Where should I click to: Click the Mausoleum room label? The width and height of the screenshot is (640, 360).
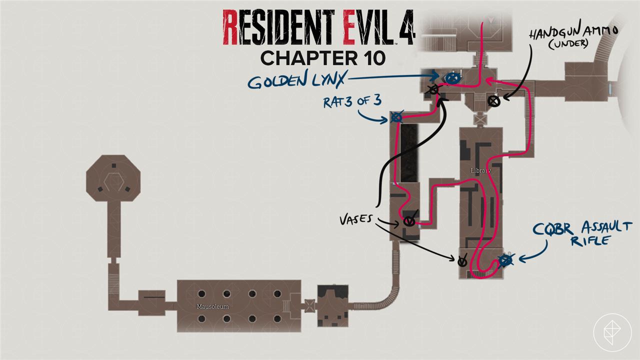click(205, 305)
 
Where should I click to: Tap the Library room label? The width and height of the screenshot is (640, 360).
click(480, 170)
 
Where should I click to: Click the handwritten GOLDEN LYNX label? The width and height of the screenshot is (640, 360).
click(297, 81)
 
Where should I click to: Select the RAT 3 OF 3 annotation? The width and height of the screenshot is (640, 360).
click(352, 101)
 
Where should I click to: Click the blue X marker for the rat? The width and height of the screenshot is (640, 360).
click(396, 117)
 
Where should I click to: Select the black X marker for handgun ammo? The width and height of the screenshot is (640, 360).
click(494, 101)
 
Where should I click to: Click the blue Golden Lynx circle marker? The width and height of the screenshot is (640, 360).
click(452, 78)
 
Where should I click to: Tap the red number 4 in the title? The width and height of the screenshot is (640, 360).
click(403, 28)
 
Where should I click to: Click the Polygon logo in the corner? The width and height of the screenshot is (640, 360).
click(612, 332)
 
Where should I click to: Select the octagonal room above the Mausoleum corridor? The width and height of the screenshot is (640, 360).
click(113, 177)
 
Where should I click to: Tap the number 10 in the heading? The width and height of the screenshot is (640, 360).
click(370, 58)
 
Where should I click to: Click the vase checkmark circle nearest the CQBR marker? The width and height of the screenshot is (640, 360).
click(463, 260)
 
